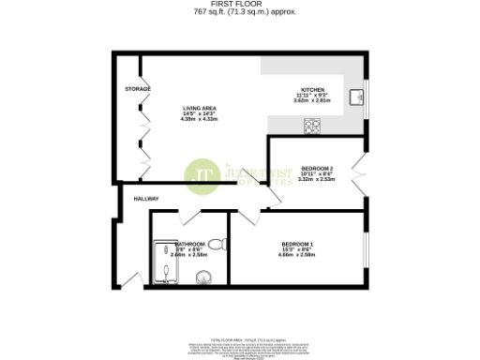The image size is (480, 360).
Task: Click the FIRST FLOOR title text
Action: coord(241,4)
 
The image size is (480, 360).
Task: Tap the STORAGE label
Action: coord(139,88)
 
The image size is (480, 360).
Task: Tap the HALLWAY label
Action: coord(146,199)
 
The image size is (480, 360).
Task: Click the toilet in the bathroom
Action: coord(217,246)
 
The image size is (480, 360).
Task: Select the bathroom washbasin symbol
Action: coord(204,277)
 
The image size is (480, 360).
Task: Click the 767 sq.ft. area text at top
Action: coord(241,12)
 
